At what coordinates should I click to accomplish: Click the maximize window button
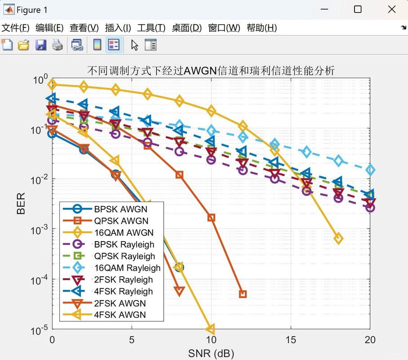358,9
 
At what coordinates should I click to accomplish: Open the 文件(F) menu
16,28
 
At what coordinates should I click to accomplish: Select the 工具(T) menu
151,28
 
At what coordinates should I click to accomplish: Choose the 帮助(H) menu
262,28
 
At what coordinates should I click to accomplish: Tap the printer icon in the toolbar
57,45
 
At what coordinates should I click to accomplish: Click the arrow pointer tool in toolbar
135,45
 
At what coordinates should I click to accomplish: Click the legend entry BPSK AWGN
121,209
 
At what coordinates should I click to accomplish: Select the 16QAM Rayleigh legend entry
127,268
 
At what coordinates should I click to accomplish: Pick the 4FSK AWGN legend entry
120,315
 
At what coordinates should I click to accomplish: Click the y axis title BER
21,203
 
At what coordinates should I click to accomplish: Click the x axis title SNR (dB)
211,353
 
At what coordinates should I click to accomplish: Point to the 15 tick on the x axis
291,340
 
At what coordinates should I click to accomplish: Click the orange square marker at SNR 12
243,294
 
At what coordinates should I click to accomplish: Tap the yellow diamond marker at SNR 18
338,238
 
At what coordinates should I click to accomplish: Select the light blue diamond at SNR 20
370,170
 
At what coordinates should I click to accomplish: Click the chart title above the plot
211,71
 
